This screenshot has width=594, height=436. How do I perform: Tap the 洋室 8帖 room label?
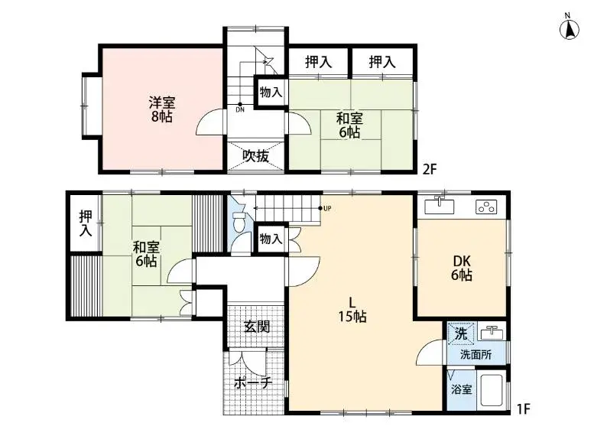point(162,109)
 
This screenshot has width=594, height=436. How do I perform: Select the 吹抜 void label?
point(255,156)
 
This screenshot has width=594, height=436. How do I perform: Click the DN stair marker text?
point(240,110)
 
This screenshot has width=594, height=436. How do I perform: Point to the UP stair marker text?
point(328,208)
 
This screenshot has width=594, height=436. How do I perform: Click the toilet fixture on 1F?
point(239,222)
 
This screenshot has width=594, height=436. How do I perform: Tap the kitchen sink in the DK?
point(439,207)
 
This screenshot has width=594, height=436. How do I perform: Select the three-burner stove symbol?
point(486,207)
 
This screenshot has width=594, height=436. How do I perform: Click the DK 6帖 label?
point(462,268)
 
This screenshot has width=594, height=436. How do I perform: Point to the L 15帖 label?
point(352,310)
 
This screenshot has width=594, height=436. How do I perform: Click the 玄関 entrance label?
point(257,327)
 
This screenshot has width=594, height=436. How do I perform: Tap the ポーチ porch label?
point(253,383)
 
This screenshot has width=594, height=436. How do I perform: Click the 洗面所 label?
point(476,354)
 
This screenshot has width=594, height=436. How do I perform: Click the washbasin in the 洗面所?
point(492,333)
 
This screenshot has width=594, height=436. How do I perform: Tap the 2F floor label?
point(430,169)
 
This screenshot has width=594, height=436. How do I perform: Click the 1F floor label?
point(523,409)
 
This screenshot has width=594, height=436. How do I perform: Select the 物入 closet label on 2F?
point(271,92)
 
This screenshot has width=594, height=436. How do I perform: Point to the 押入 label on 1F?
point(86,223)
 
